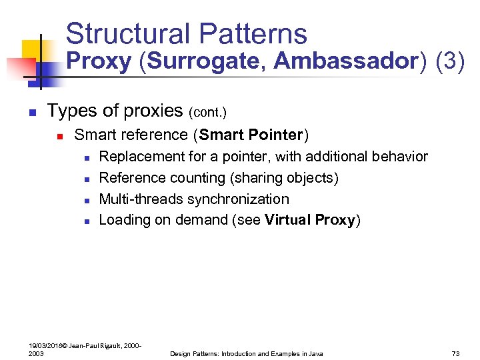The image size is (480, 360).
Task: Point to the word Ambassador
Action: (345, 62)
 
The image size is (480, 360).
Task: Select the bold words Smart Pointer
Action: (251, 135)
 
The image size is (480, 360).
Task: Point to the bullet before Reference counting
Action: (87, 179)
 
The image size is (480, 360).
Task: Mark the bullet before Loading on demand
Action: (87, 221)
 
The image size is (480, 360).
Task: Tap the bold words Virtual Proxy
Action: (310, 221)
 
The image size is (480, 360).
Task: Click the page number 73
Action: (456, 353)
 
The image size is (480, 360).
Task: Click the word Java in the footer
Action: (315, 353)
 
